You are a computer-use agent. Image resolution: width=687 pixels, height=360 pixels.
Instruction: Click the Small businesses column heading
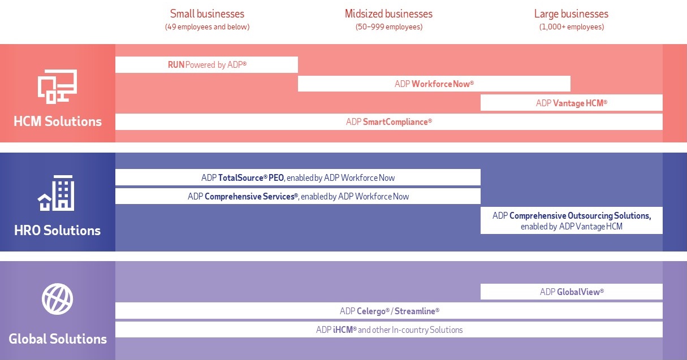207,14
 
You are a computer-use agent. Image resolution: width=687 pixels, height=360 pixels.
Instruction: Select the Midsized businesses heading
388,14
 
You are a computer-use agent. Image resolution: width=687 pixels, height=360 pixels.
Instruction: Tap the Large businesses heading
571,14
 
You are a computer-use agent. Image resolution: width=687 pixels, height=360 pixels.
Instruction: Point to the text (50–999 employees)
388,27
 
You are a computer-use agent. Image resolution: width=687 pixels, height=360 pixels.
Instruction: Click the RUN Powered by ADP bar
207,65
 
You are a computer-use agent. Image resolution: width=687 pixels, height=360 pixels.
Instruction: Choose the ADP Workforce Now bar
434,84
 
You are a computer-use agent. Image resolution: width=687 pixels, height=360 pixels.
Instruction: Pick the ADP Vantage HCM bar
571,103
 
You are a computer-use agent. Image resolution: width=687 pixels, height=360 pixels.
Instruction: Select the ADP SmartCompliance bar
388,122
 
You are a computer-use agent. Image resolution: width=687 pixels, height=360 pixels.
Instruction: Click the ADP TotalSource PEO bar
298,177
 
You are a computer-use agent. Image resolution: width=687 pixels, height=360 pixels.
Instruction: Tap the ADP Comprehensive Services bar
298,197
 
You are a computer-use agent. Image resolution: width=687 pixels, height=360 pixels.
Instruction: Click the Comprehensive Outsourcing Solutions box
571,220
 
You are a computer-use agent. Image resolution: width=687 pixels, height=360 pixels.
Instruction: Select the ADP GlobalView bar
571,292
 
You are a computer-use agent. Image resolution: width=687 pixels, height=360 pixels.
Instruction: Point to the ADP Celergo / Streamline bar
388,311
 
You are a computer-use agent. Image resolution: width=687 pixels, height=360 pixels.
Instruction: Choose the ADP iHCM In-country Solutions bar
388,329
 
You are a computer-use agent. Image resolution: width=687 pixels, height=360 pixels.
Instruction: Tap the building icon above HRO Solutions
57,193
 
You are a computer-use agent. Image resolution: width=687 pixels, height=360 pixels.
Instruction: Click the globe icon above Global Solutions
57,299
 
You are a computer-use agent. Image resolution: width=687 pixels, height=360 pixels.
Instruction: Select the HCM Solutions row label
58,121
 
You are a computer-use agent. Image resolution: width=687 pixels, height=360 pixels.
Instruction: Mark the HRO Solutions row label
57,231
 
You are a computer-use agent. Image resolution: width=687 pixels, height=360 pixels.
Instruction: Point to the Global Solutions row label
58,339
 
